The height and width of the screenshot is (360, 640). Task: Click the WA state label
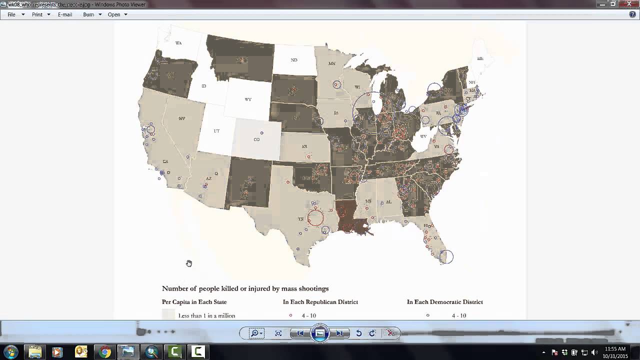pyautogui.click(x=178, y=43)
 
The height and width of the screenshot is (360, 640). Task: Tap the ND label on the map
pyautogui.click(x=294, y=60)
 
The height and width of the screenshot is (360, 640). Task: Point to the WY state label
pyautogui.click(x=248, y=99)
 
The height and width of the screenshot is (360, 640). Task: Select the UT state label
pyautogui.click(x=216, y=131)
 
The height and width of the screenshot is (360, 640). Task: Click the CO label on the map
pyautogui.click(x=256, y=139)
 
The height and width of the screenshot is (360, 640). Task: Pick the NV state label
pyautogui.click(x=181, y=118)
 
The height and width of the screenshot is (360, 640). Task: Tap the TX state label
pyautogui.click(x=301, y=219)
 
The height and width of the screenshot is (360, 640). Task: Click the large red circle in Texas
pyautogui.click(x=315, y=217)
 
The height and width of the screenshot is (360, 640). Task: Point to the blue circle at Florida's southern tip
pyautogui.click(x=446, y=256)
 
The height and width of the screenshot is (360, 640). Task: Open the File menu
pyautogui.click(x=11, y=14)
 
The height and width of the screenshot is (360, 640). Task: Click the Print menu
pyautogui.click(x=37, y=14)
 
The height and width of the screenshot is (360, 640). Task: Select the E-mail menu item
pyautogui.click(x=65, y=14)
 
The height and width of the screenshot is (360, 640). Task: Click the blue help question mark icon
pyautogui.click(x=632, y=14)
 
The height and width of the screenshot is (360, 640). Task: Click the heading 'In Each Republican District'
pyautogui.click(x=320, y=302)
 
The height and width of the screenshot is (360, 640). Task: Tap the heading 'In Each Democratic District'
pyautogui.click(x=445, y=302)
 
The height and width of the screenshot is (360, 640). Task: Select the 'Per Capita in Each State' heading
pyautogui.click(x=194, y=302)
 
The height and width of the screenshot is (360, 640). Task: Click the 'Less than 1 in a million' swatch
pyautogui.click(x=168, y=315)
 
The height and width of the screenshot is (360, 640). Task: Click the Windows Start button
pyautogui.click(x=11, y=352)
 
